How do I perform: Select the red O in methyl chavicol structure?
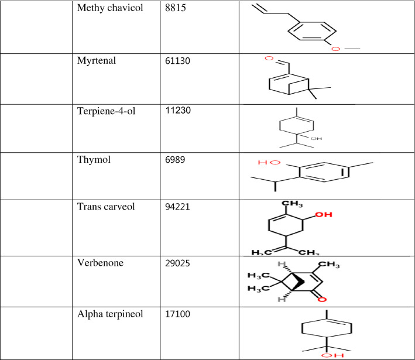coord(335,49)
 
